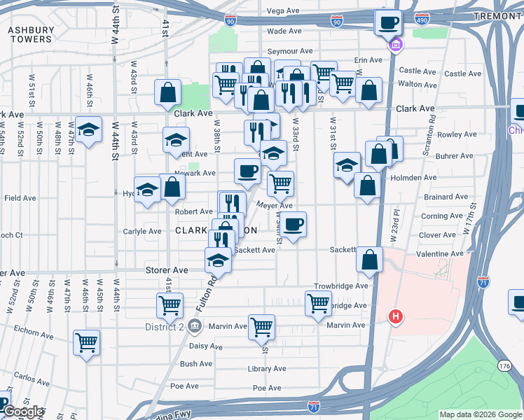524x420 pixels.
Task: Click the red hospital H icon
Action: (396, 317)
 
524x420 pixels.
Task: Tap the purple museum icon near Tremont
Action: (396, 45)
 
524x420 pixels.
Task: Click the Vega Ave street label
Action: (284, 11)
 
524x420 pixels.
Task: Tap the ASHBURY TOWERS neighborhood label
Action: (30, 34)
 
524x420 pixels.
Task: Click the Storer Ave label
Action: (167, 270)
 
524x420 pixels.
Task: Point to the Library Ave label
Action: (267, 369)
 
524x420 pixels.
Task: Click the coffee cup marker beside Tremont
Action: (388, 23)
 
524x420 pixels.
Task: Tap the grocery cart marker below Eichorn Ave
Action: (87, 342)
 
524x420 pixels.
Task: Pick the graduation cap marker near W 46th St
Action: (88, 129)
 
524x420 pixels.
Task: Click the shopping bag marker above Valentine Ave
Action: (369, 259)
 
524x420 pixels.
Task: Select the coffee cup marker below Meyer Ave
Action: (294, 224)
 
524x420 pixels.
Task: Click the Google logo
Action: (22, 412)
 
